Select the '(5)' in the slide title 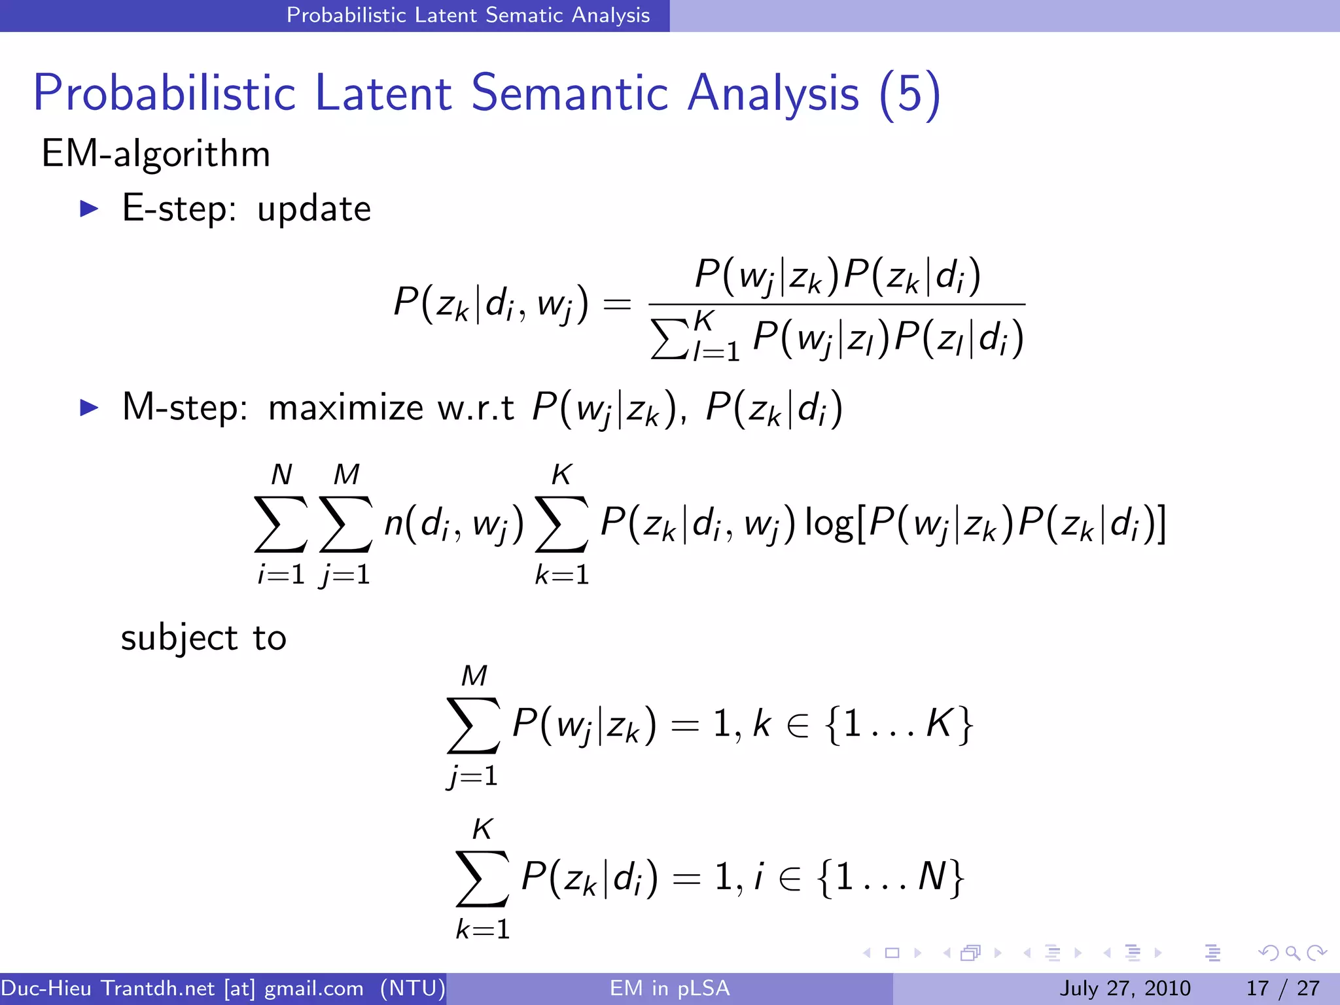(x=909, y=94)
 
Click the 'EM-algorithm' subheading (x=156, y=154)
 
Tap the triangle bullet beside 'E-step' (x=88, y=209)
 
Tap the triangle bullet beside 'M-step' (x=88, y=408)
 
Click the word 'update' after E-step (x=314, y=210)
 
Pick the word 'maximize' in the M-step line (x=345, y=408)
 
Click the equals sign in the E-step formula (x=616, y=304)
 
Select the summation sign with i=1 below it (x=281, y=523)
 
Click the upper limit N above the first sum (x=281, y=474)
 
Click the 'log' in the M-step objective (x=828, y=525)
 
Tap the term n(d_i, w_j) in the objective (x=454, y=525)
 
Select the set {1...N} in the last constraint (x=890, y=877)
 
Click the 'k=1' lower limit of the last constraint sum (x=483, y=930)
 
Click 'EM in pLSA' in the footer (x=669, y=988)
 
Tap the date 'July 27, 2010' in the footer (x=1125, y=988)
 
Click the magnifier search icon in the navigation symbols (x=1292, y=953)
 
